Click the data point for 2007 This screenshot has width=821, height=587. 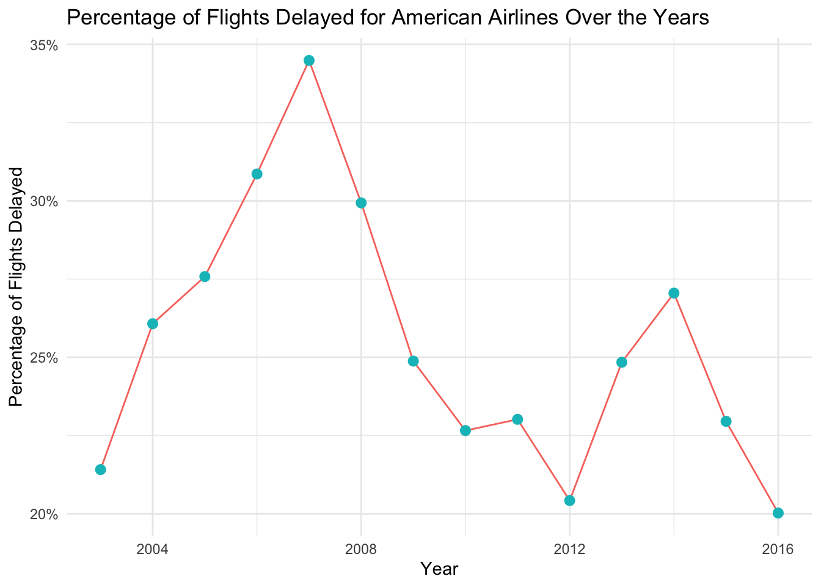click(x=309, y=61)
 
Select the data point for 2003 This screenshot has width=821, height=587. click(x=101, y=470)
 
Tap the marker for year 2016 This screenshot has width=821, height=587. click(x=778, y=513)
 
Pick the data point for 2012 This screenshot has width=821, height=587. click(x=569, y=501)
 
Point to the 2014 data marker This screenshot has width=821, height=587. click(x=674, y=293)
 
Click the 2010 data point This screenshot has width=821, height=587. click(x=465, y=430)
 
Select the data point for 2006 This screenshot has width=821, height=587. click(x=257, y=174)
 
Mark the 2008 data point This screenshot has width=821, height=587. click(x=361, y=203)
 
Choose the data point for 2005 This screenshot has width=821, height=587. click(x=205, y=277)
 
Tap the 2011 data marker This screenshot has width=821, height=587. click(x=517, y=419)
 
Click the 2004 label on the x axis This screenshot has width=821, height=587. click(x=153, y=548)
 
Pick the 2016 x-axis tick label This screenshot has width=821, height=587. click(x=778, y=548)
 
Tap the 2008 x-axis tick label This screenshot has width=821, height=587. click(x=361, y=548)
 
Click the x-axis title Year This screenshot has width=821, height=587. click(x=439, y=569)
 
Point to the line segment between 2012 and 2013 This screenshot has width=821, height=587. click(x=596, y=432)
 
